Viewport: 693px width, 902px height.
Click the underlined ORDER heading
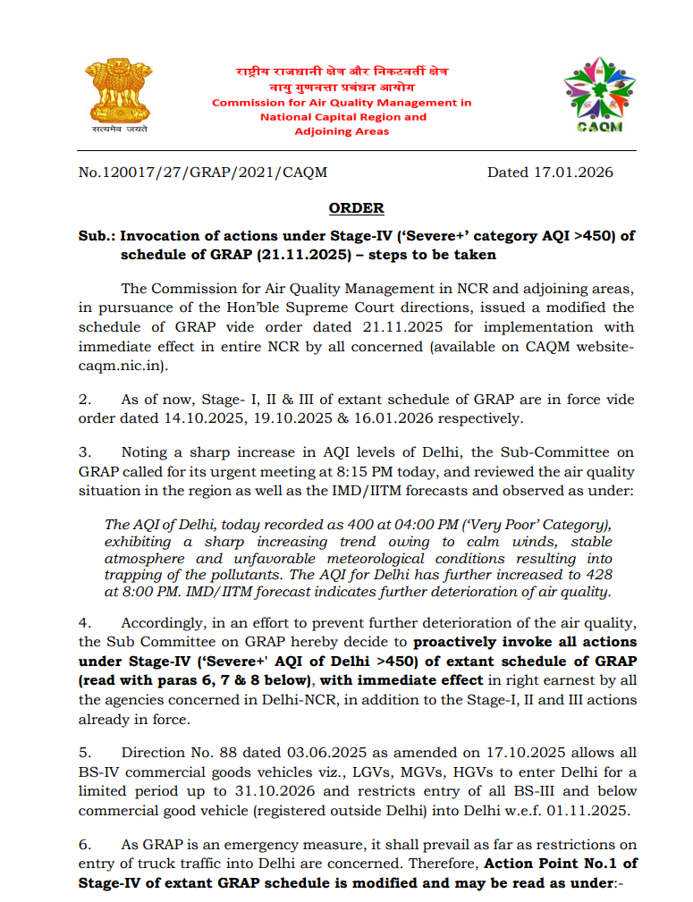(356, 208)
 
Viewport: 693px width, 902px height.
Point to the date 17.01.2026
(578, 172)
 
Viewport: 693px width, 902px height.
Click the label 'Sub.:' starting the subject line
(97, 237)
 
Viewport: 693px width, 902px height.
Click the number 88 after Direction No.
(244, 753)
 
